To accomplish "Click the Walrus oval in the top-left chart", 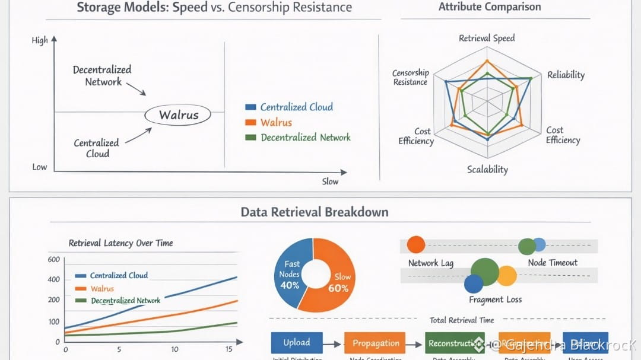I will [x=178, y=115].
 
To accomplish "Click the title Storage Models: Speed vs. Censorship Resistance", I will [x=214, y=8].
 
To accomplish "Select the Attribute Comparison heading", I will [x=490, y=7].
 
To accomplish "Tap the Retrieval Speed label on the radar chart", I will [x=487, y=38].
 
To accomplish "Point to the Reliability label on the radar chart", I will [x=566, y=75].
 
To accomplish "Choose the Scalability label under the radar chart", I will [x=487, y=169].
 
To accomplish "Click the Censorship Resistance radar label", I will [x=410, y=77].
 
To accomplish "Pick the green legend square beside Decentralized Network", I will [x=250, y=137].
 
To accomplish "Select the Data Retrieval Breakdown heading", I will [x=315, y=212].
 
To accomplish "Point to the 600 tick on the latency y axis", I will [x=53, y=259].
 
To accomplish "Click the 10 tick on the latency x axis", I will [x=174, y=349].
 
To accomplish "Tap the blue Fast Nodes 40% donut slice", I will [x=291, y=274].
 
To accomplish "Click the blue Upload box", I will [x=297, y=343].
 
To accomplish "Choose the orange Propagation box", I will [x=376, y=343].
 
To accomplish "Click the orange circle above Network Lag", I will [x=416, y=244].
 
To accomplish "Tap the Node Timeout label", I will [x=552, y=262].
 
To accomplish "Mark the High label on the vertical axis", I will [x=40, y=40].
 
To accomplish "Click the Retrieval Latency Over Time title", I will [x=121, y=243].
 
